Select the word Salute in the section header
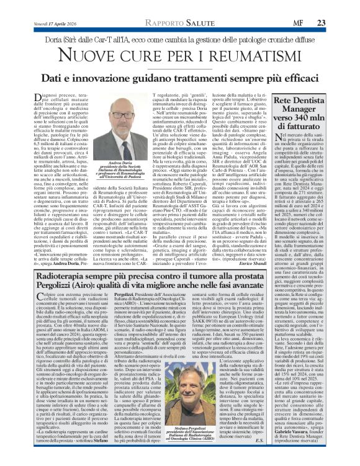(187, 6)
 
